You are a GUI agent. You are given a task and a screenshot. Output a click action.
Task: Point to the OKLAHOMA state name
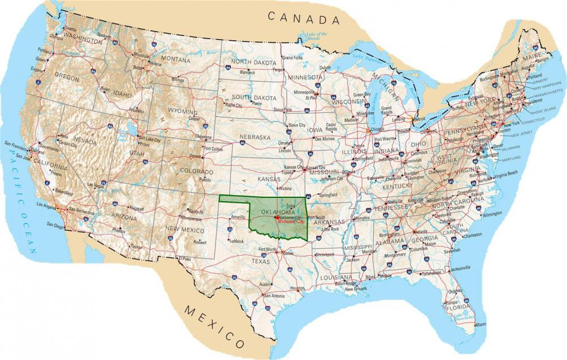click(x=278, y=211)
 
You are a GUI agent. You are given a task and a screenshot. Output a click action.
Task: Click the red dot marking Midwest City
click(x=276, y=218)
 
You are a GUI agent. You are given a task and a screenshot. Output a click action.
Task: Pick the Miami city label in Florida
click(x=480, y=324)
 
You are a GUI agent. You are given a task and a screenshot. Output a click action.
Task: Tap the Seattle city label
click(x=70, y=29)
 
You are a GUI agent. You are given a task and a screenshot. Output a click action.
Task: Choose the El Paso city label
click(x=184, y=258)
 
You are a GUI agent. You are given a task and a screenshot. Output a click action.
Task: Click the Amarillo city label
click(x=238, y=217)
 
